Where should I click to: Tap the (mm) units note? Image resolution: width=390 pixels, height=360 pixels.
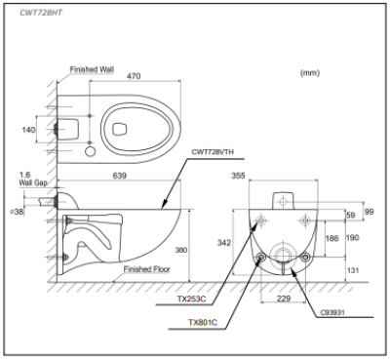(x=310, y=72)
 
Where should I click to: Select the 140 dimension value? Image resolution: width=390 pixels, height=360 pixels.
(x=30, y=129)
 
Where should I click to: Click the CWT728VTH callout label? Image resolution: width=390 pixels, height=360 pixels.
(x=216, y=152)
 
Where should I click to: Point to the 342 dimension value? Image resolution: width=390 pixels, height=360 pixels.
(x=225, y=240)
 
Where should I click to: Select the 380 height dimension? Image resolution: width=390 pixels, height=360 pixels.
(x=180, y=249)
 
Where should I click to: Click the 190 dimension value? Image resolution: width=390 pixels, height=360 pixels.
(x=353, y=238)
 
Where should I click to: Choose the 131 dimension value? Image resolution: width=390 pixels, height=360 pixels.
(x=353, y=270)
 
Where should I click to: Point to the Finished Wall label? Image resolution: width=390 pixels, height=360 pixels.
(x=93, y=70)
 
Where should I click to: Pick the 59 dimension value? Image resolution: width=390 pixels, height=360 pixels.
(x=350, y=215)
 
